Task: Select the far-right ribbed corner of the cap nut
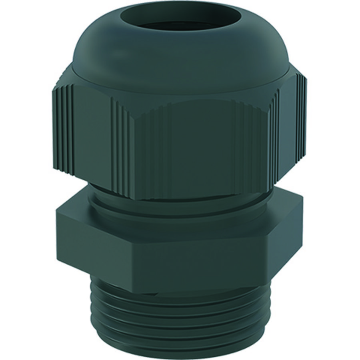point(302,120)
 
